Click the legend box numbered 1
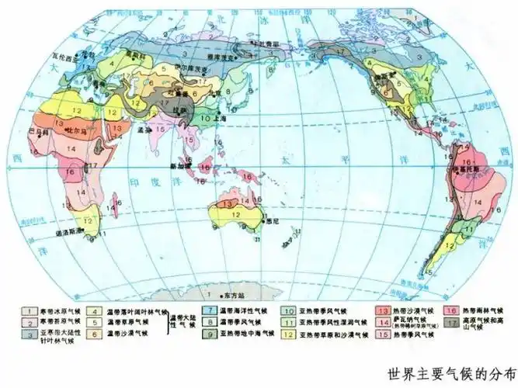click(x=31, y=310)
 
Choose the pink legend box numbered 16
click(x=453, y=310)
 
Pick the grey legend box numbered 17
click(x=453, y=322)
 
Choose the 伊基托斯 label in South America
click(x=464, y=165)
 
